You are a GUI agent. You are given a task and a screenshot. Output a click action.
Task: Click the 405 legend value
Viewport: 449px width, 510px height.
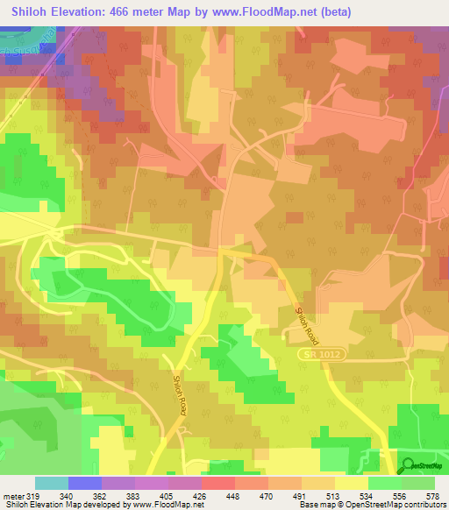tap(183, 495)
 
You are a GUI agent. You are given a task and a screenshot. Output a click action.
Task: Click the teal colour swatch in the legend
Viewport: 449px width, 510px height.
tap(52, 483)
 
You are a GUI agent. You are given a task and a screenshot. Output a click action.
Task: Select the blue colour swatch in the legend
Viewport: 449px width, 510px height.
tap(85, 483)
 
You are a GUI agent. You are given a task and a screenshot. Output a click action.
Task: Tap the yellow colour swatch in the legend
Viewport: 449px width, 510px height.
tap(352, 483)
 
